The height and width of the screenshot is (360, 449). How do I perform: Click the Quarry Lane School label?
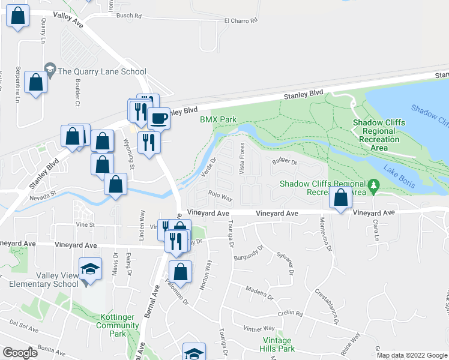(101, 71)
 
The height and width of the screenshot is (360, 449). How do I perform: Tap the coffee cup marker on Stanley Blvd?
(159, 118)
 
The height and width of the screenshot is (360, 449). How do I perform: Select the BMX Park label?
(218, 119)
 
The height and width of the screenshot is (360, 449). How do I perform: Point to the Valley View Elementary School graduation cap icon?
(90, 268)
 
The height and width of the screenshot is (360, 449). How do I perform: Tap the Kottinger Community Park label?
(118, 329)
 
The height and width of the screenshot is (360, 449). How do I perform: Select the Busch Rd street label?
(128, 16)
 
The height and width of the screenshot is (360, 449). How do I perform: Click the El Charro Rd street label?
(240, 20)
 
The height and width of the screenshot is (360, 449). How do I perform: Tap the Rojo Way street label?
(220, 196)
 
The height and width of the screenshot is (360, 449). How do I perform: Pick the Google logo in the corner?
(20, 353)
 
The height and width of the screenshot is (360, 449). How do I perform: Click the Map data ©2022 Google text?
(412, 355)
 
